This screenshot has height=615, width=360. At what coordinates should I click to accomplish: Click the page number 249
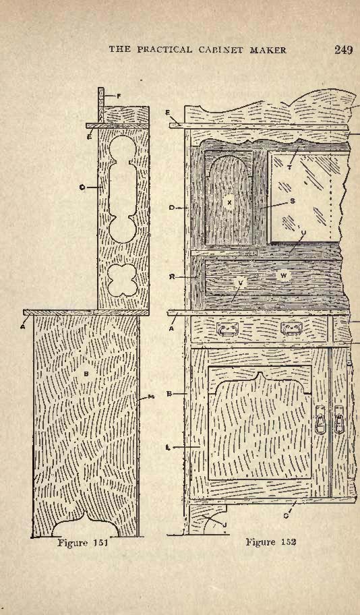point(344,50)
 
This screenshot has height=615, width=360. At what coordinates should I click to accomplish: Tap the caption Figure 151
point(83,543)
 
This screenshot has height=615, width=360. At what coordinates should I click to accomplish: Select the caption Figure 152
point(271,542)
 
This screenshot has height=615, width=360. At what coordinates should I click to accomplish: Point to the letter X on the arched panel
point(229,202)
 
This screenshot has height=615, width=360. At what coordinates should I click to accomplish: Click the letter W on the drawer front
point(284,275)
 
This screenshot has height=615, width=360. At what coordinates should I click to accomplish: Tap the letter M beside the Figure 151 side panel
point(152,397)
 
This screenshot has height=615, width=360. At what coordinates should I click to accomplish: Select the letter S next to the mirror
point(293,201)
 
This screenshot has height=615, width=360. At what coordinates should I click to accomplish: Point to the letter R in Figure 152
point(172,277)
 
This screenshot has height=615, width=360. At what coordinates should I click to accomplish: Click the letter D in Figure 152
point(172,208)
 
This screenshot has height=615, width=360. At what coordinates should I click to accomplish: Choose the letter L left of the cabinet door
point(168,446)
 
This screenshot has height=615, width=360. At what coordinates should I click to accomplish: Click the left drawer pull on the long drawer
point(224,329)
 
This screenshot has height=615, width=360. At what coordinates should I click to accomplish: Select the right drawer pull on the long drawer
point(291,328)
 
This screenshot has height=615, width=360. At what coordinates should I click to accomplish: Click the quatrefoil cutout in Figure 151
point(122,280)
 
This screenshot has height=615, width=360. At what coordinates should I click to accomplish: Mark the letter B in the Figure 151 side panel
point(86,374)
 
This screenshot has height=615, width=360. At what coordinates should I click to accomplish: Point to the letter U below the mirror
point(303,232)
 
